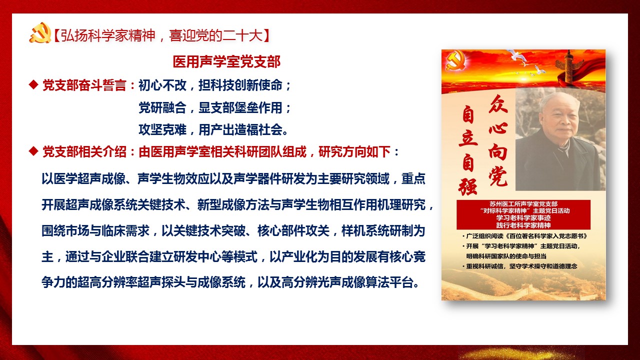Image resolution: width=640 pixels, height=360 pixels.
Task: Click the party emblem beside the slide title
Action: tap(40, 33)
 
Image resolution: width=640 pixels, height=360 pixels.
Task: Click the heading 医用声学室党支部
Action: tap(226, 61)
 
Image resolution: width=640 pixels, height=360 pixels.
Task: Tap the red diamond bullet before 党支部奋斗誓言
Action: tap(33, 84)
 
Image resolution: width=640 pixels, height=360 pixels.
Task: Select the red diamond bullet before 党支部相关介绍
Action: tap(33, 151)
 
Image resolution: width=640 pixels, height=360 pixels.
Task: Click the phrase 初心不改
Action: tap(162, 85)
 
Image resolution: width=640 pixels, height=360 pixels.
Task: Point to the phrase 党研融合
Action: tap(162, 107)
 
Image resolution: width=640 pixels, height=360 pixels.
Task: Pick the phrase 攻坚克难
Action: tap(162, 129)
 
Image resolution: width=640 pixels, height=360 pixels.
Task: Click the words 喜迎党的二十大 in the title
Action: tap(215, 35)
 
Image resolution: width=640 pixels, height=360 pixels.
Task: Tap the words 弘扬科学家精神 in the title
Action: tap(108, 35)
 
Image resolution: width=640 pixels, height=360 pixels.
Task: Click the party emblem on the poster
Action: tap(455, 60)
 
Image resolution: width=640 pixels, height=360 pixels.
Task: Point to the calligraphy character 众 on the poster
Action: tap(498, 104)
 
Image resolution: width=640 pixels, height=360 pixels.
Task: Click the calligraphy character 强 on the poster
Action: tap(467, 187)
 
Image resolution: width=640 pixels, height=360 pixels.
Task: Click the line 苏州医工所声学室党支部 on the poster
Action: tap(523, 204)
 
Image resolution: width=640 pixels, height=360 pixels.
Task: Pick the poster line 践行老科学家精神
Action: tap(523, 225)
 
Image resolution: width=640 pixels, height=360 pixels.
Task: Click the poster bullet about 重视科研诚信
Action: tap(520, 266)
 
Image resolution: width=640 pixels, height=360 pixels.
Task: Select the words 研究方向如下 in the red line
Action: tap(354, 151)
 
